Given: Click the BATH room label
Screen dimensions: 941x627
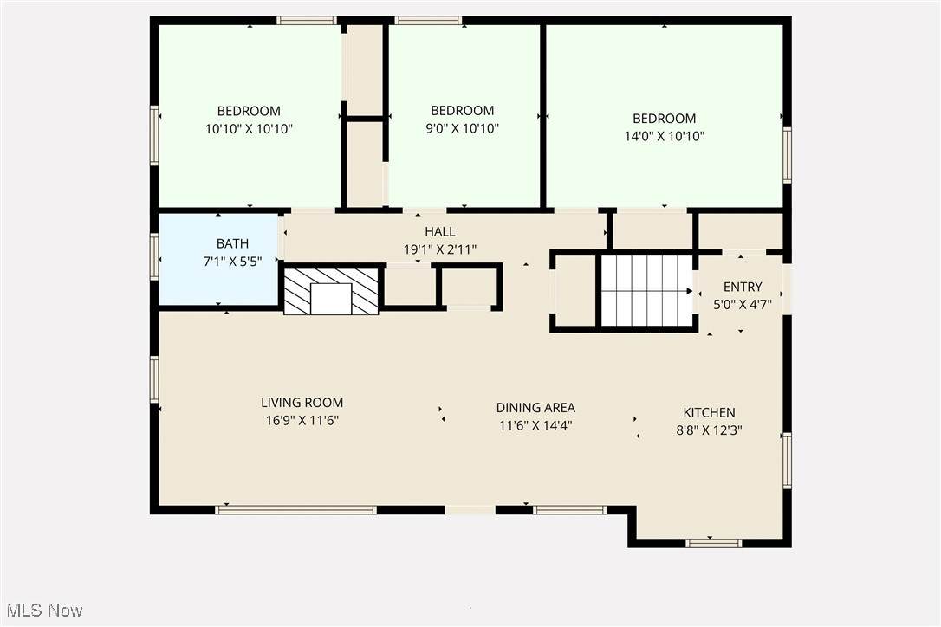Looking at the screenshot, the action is [x=232, y=243].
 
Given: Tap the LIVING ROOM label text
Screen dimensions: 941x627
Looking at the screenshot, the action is [x=302, y=403].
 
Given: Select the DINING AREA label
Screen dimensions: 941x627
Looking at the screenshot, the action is [x=535, y=408].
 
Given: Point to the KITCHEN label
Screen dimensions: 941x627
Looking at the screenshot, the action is [x=709, y=413].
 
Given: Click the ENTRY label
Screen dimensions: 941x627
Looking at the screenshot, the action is [x=743, y=287].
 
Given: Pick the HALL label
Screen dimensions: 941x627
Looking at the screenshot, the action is [x=440, y=231].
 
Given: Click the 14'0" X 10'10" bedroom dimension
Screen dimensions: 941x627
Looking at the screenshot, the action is [x=665, y=136].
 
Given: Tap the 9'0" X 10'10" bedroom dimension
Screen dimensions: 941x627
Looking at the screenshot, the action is [x=462, y=128].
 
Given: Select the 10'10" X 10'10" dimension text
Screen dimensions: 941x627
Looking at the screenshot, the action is [x=249, y=129].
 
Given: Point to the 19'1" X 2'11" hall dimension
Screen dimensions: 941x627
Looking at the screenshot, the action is [x=440, y=249].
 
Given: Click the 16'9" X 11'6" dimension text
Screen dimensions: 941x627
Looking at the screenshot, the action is [x=302, y=421].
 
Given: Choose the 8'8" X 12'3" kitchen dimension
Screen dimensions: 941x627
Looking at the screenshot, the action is [x=709, y=430].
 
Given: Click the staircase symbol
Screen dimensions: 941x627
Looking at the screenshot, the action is [x=647, y=292].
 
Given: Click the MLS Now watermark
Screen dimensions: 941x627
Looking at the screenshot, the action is [x=45, y=611].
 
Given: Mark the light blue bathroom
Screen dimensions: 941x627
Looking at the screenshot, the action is [x=218, y=260].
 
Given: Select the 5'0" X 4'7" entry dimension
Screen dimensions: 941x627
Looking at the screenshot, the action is [x=743, y=305].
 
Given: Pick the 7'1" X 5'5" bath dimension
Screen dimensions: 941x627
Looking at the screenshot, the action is [x=232, y=262].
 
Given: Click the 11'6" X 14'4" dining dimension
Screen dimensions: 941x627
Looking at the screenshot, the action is [x=535, y=426].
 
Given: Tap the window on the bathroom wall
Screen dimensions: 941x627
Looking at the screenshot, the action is [x=154, y=257].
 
